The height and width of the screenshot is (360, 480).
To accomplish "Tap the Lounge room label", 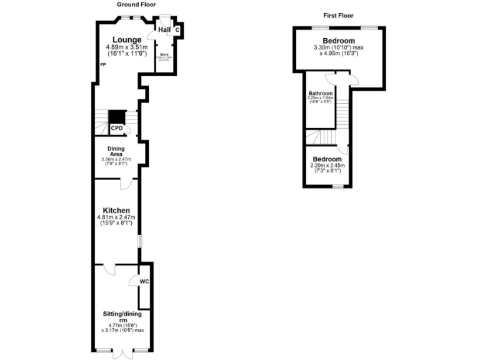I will click(x=127, y=40).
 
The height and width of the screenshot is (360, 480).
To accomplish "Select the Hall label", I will click(x=164, y=29).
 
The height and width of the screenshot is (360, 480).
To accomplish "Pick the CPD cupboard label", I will click(x=117, y=128).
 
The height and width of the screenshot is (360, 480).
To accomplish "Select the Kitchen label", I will click(x=117, y=210).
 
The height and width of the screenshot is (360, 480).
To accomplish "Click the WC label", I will click(x=144, y=282).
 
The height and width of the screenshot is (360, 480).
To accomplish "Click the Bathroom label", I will click(x=320, y=93).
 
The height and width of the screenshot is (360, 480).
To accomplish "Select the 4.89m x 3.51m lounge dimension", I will click(x=127, y=47).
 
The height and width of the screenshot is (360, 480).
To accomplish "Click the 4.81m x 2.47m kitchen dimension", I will click(x=117, y=217).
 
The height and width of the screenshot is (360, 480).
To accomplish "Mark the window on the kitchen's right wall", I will click(x=139, y=241).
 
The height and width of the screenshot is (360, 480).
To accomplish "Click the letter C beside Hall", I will click(x=177, y=29).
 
